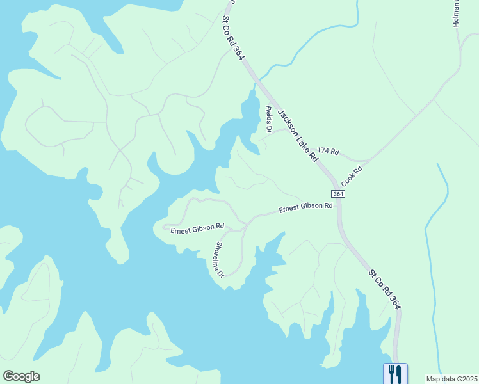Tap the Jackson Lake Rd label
point(294,134)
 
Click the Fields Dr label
point(269,120)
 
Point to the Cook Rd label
point(352,177)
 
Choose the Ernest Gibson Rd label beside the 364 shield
point(305,207)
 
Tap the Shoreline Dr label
point(219,259)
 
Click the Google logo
point(21,376)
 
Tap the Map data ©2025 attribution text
point(451,379)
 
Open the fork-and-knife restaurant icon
point(395,373)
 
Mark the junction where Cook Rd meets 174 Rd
point(369,160)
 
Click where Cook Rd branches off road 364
point(336,184)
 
